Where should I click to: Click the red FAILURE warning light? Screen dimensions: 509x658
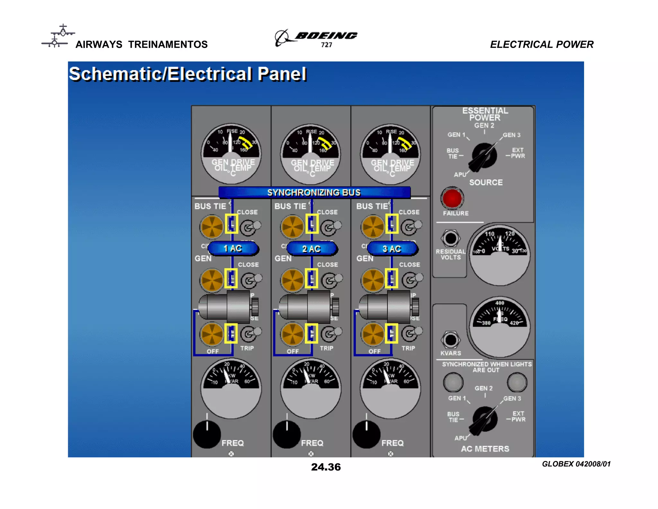point(452,198)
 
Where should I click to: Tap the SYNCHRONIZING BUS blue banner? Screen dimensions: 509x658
point(314,192)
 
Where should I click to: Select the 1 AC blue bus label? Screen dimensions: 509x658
point(233,248)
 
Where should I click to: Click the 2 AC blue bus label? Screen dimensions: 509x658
point(311,249)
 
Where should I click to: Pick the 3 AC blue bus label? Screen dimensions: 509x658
point(392,249)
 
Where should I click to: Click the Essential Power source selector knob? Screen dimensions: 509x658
point(484,156)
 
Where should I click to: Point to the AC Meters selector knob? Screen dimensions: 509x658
point(485,420)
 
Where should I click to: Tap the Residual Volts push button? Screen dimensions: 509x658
point(450,238)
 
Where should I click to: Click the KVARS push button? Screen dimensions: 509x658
point(450,340)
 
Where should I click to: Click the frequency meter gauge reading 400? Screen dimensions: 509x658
point(500,327)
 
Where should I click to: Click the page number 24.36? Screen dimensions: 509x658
point(326,467)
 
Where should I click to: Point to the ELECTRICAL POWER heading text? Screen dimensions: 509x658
point(542,44)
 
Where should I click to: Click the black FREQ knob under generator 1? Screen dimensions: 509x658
point(207,434)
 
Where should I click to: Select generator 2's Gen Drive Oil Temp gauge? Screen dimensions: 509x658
point(311,154)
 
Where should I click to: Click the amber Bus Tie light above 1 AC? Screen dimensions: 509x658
point(212,227)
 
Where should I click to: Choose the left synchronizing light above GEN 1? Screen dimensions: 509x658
point(453,382)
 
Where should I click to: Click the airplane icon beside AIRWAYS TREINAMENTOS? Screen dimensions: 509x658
point(58,36)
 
